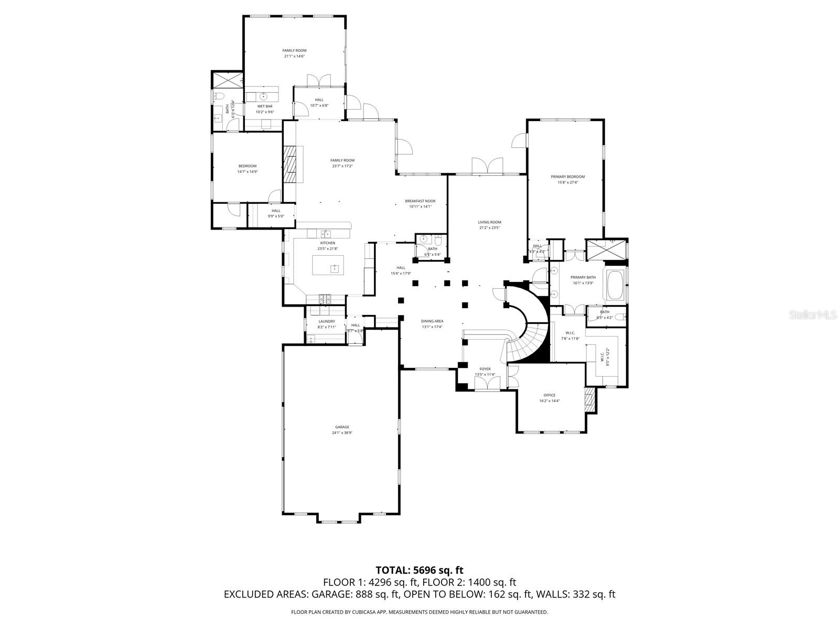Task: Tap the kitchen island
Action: pos(328,265)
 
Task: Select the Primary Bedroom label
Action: pos(567,177)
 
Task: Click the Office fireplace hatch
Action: pos(590,400)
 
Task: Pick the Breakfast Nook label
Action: pos(420,201)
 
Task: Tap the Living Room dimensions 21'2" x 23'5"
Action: pos(489,227)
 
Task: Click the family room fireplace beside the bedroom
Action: pos(291,164)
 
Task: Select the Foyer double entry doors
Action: pos(487,384)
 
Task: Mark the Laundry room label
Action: pos(327,321)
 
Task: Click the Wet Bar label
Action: pos(265,106)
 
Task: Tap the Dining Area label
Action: pos(432,321)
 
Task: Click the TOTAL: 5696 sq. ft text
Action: pos(419,570)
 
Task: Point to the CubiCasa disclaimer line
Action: pos(419,612)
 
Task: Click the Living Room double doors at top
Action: pos(488,165)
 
